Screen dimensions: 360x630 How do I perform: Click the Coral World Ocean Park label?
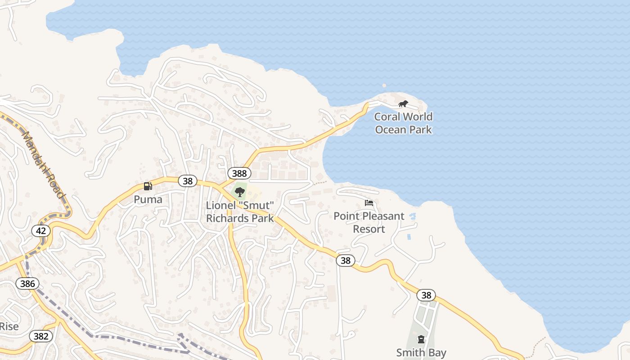pyautogui.click(x=403, y=123)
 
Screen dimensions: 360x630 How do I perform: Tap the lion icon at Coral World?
pyautogui.click(x=403, y=104)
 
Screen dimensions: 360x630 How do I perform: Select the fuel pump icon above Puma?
pyautogui.click(x=148, y=186)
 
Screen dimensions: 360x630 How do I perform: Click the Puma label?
pyautogui.click(x=148, y=199)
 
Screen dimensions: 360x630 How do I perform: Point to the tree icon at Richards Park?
pyautogui.click(x=240, y=192)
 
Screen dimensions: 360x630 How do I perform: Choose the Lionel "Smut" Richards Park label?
pyautogui.click(x=240, y=212)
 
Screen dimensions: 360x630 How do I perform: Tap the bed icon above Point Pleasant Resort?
pyautogui.click(x=369, y=202)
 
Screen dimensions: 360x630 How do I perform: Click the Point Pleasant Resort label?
pyautogui.click(x=369, y=222)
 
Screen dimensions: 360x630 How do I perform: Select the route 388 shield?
pyautogui.click(x=239, y=173)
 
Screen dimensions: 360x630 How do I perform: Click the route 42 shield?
pyautogui.click(x=41, y=231)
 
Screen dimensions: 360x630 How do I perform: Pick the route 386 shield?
pyautogui.click(x=27, y=283)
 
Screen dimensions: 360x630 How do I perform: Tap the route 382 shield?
pyautogui.click(x=41, y=336)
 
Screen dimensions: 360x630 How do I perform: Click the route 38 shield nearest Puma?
pyautogui.click(x=188, y=181)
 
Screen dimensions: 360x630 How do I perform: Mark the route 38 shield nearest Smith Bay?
pyautogui.click(x=426, y=295)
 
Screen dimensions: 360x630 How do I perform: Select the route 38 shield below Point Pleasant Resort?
pyautogui.click(x=345, y=260)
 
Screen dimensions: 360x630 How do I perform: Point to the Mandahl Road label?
pyautogui.click(x=43, y=164)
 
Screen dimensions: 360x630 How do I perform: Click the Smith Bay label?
pyautogui.click(x=421, y=352)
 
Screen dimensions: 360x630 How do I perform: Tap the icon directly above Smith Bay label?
pyautogui.click(x=421, y=339)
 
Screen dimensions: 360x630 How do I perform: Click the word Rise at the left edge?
pyautogui.click(x=9, y=326)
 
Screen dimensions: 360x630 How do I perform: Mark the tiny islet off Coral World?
pyautogui.click(x=384, y=85)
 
